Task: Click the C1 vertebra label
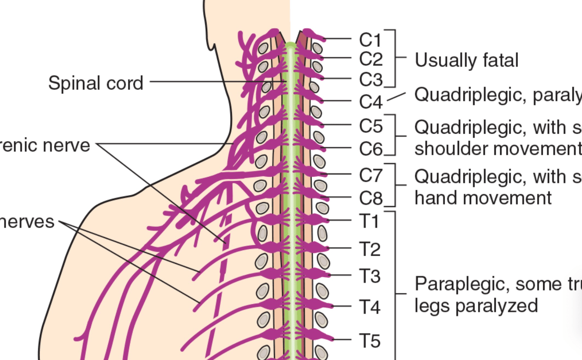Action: pyautogui.click(x=370, y=40)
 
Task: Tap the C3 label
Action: pyautogui.click(x=370, y=80)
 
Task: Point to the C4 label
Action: pyautogui.click(x=370, y=102)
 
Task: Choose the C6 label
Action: pyautogui.click(x=370, y=148)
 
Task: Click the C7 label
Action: pyautogui.click(x=370, y=175)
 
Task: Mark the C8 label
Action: pyautogui.click(x=370, y=198)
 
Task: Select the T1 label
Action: pyautogui.click(x=369, y=222)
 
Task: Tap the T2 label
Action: pyautogui.click(x=369, y=250)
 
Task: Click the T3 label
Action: pyautogui.click(x=369, y=277)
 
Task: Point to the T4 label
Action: pyautogui.click(x=369, y=306)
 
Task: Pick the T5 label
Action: pyautogui.click(x=369, y=341)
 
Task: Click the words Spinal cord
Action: pyautogui.click(x=96, y=83)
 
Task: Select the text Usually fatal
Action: pyautogui.click(x=467, y=60)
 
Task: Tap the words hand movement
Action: pyautogui.click(x=483, y=198)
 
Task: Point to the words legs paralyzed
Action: pyautogui.click(x=476, y=305)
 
